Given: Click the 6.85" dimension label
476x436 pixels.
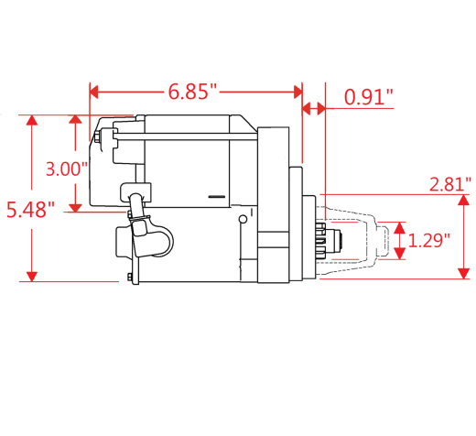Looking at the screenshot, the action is click(x=192, y=92).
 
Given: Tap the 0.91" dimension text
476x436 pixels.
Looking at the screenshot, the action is click(x=369, y=97).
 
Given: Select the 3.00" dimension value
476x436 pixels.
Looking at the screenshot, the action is click(x=67, y=169).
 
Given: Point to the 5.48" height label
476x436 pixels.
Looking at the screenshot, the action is click(x=30, y=210).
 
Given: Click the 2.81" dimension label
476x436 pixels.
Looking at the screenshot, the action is click(x=450, y=184).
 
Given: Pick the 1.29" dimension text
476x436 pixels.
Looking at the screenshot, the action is click(x=428, y=240).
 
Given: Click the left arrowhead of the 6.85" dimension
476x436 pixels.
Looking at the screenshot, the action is click(x=94, y=92).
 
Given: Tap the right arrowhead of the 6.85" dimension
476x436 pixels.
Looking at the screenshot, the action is click(x=297, y=92).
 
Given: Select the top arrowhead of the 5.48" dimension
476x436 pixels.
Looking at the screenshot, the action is click(x=32, y=120).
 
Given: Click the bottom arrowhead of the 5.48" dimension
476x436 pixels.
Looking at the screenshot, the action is click(x=32, y=277).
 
